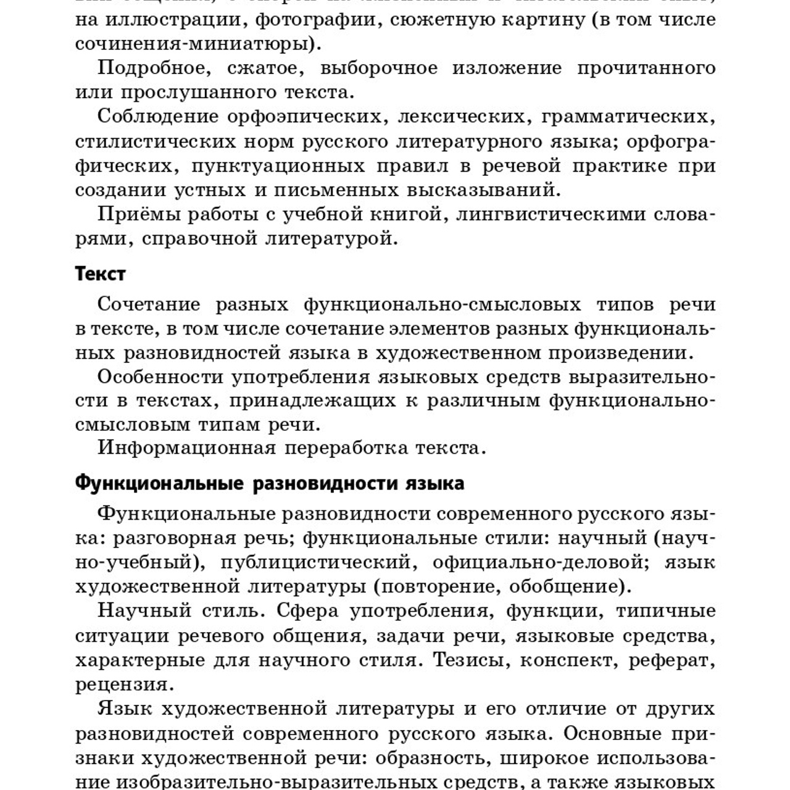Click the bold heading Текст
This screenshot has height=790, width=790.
tap(100, 273)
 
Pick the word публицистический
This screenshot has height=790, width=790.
tap(315, 562)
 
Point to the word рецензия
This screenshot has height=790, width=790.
tap(122, 684)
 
